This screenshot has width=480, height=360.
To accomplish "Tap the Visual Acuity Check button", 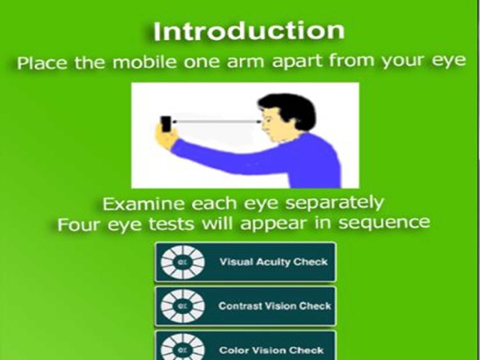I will pos(244,262).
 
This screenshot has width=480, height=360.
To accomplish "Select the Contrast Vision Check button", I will pos(244,306).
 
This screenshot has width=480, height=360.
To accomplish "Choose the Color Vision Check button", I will pos(244,347).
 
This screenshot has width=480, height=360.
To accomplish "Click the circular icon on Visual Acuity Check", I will pos(183,262).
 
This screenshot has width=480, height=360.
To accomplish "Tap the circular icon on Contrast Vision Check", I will pos(183,306).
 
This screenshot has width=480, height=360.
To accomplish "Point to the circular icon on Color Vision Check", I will pos(183,347).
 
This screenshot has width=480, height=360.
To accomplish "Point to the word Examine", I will pos(139,203).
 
